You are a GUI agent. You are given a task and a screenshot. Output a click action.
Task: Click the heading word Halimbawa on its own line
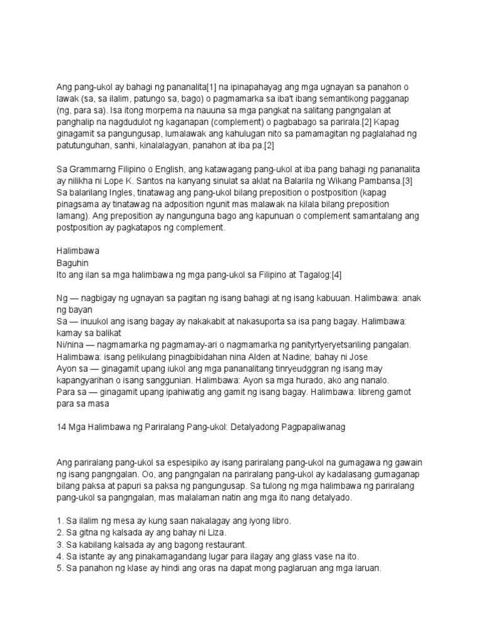[78, 250]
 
